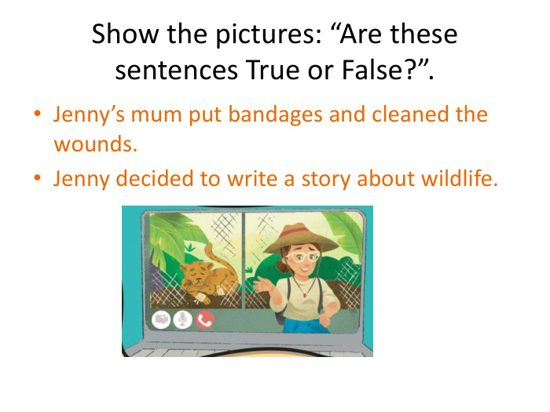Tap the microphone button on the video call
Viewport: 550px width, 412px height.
coord(183,319)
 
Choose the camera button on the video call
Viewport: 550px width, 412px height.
coord(161,319)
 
